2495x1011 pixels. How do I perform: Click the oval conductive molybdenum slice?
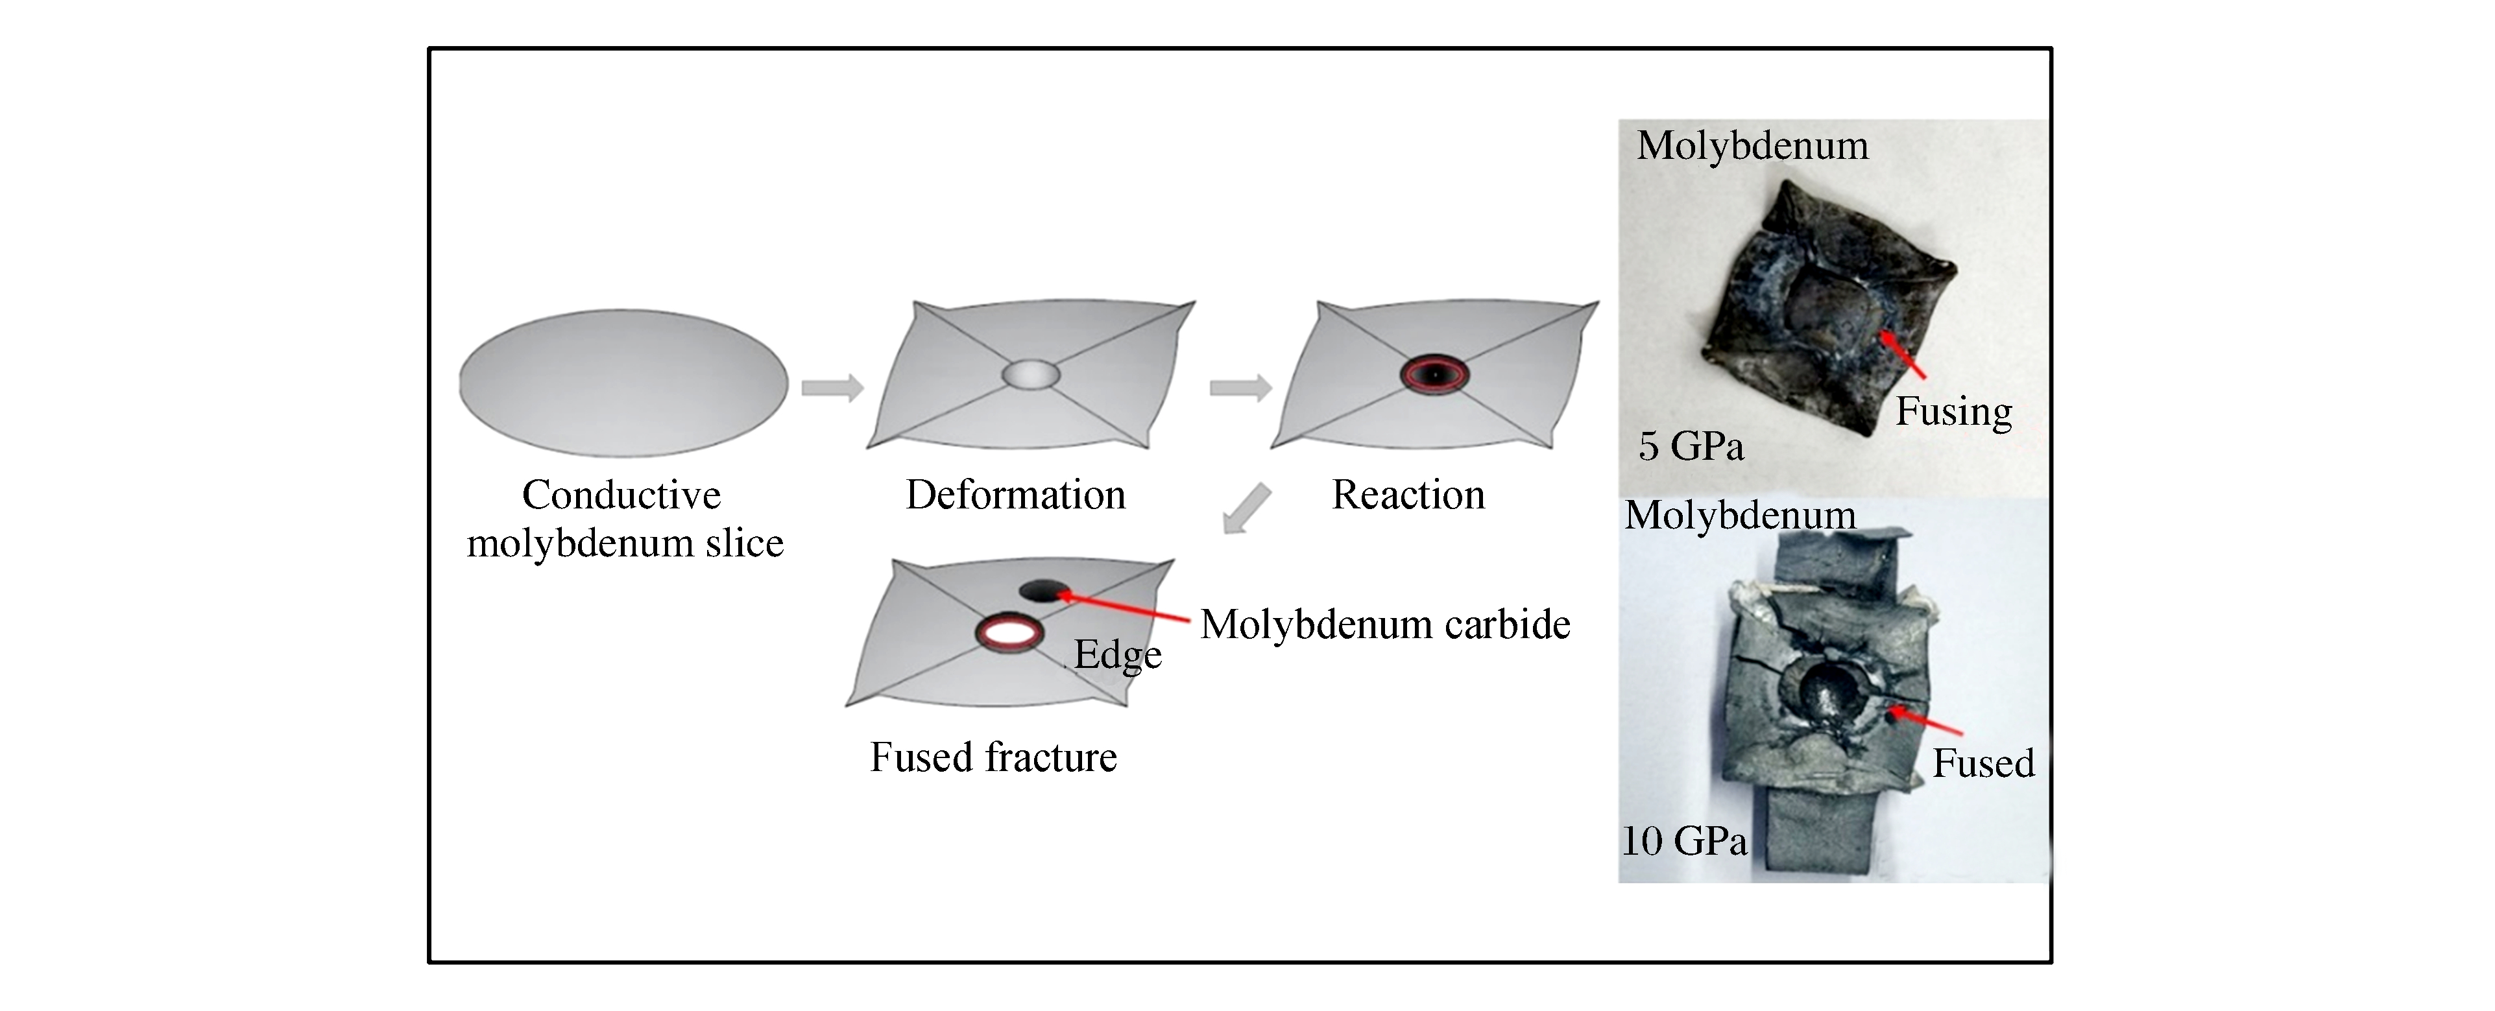624,383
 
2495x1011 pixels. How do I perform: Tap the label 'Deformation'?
1015,495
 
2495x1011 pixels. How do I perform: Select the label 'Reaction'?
1408,495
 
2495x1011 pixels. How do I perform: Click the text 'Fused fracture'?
993,757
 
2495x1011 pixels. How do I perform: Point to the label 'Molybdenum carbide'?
1385,624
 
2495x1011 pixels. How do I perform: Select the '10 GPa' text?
1684,840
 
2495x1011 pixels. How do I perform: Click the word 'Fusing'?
1953,412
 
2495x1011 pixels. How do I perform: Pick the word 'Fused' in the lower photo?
1983,763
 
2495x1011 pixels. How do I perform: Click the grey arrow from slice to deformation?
832,388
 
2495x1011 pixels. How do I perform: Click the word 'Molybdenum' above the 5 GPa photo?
1752,146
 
